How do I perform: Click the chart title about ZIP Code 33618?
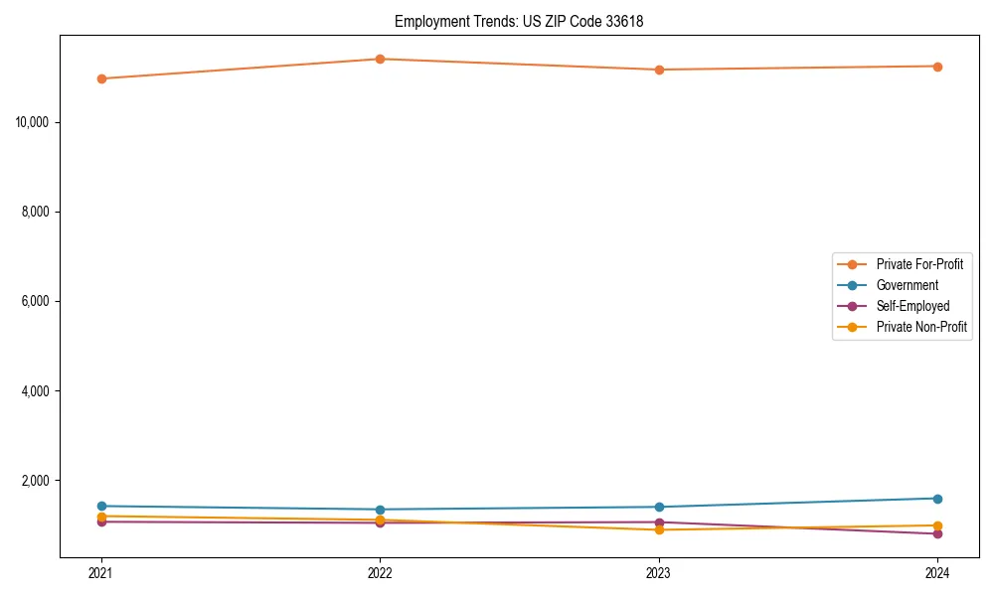(x=519, y=21)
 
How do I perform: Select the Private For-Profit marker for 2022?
(x=380, y=59)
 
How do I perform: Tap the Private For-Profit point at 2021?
(x=101, y=78)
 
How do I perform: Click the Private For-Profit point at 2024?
(x=937, y=67)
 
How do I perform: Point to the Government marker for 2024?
(x=937, y=499)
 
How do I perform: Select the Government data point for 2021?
(x=101, y=506)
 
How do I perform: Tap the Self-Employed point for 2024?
(x=937, y=533)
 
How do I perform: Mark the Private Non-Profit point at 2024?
(x=937, y=525)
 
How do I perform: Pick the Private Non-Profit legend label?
(x=921, y=327)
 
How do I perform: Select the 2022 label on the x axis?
(x=380, y=572)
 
